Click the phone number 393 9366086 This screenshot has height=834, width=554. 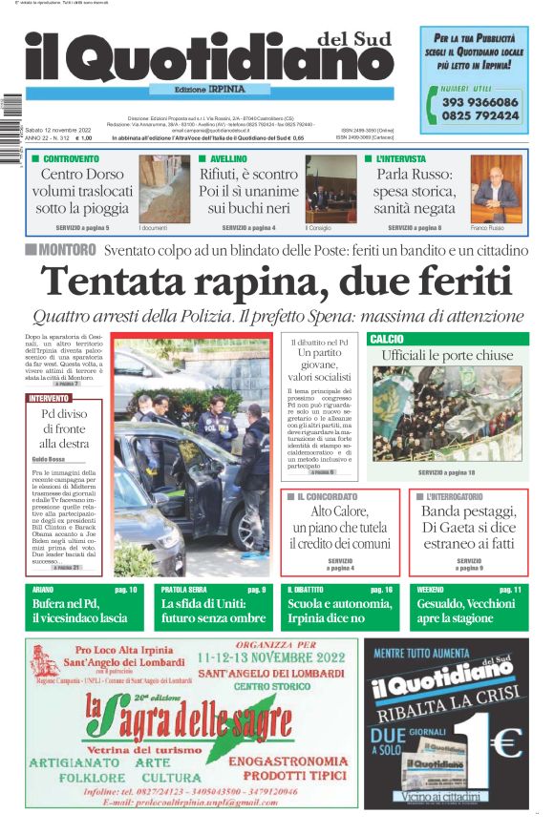coord(480,102)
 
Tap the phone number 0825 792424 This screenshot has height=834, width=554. coord(480,115)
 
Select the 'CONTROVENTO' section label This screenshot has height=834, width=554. coord(71,158)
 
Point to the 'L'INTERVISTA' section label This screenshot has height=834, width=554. coord(401,158)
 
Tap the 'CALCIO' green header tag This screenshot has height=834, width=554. coord(386,339)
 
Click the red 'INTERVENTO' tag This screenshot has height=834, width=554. coord(50,398)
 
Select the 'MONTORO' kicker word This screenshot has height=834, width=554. coord(68,250)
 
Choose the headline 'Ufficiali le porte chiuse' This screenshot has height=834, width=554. coord(448,355)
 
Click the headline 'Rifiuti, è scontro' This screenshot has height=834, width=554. coord(248,175)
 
